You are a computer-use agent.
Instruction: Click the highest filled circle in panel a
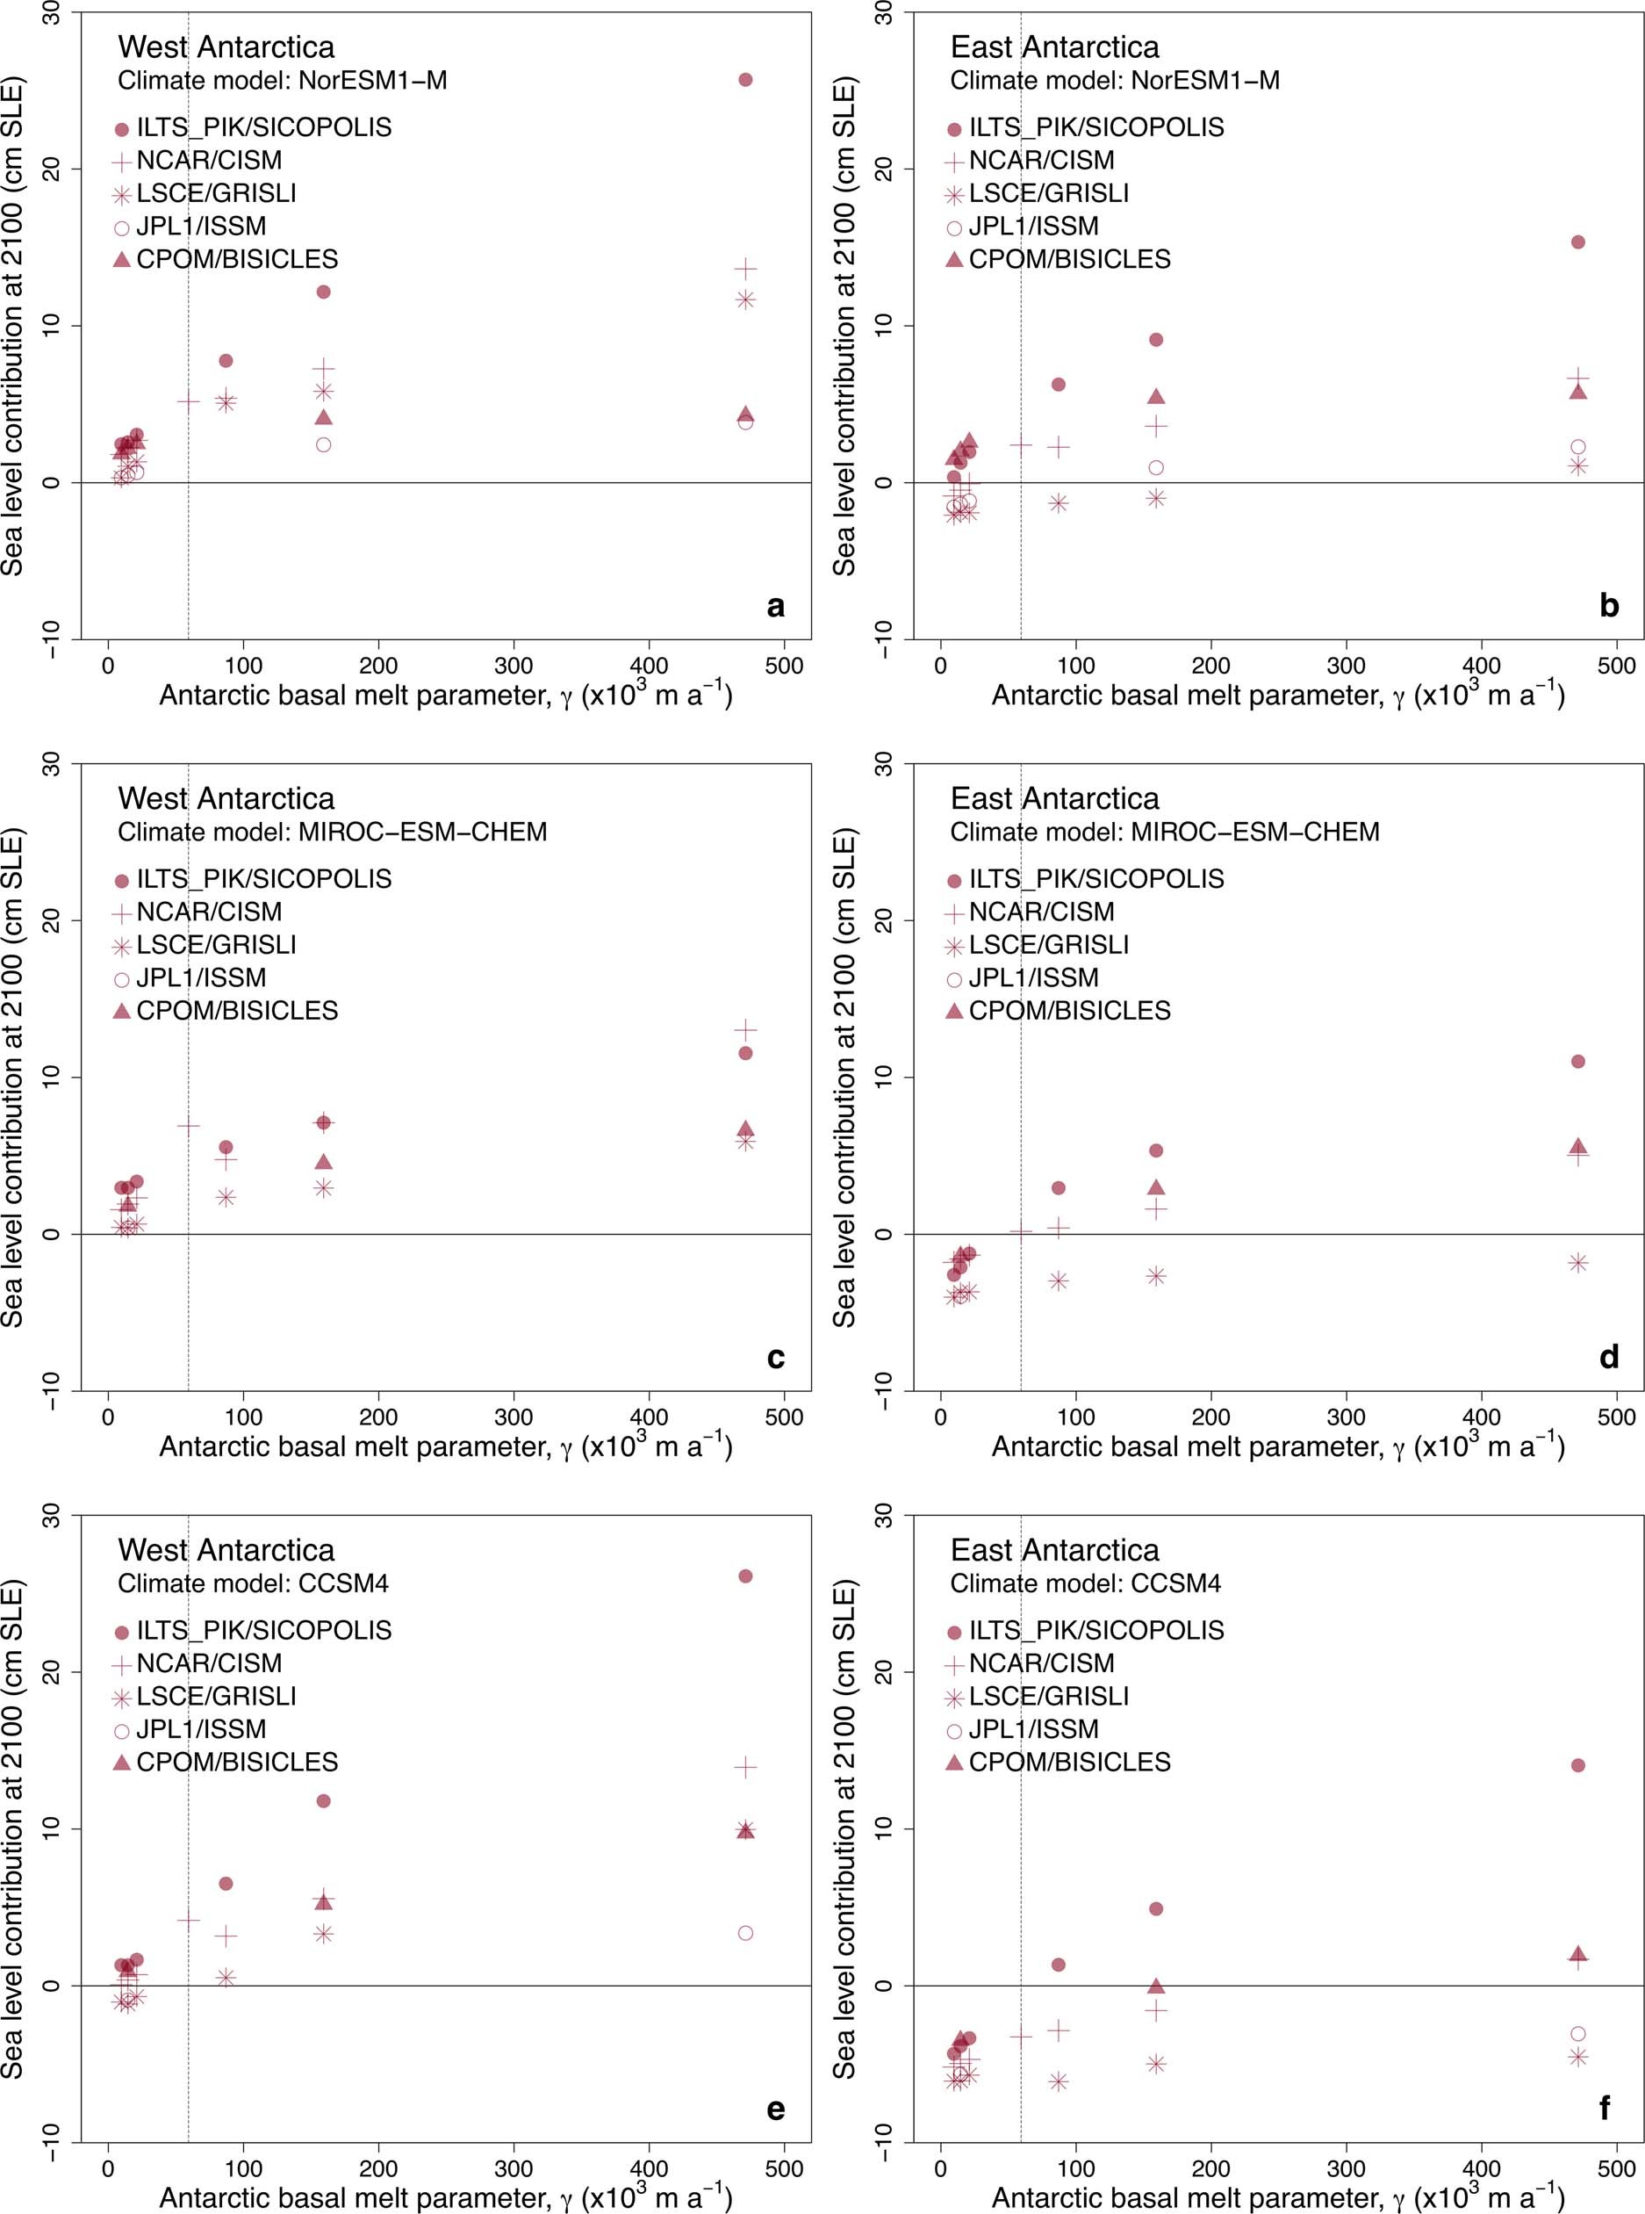(x=745, y=80)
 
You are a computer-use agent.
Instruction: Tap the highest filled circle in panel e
(x=745, y=1576)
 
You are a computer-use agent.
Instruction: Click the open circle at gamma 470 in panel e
(x=745, y=1932)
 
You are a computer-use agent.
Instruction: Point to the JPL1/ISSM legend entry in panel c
(x=201, y=977)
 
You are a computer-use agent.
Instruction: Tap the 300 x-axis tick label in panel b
(x=1347, y=666)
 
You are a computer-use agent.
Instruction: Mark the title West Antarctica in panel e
(x=226, y=1550)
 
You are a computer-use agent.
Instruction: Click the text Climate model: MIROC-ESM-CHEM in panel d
(x=1164, y=832)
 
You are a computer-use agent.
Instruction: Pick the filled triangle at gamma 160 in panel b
(x=1156, y=396)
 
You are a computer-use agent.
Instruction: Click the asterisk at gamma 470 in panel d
(x=1577, y=1263)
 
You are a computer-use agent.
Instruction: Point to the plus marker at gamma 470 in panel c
(x=745, y=1028)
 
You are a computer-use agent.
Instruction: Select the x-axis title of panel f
(x=1277, y=2196)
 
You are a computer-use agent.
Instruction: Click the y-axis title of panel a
(x=12, y=326)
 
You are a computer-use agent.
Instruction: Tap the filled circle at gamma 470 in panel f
(x=1577, y=1765)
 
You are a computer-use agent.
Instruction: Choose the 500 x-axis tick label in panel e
(x=785, y=2168)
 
